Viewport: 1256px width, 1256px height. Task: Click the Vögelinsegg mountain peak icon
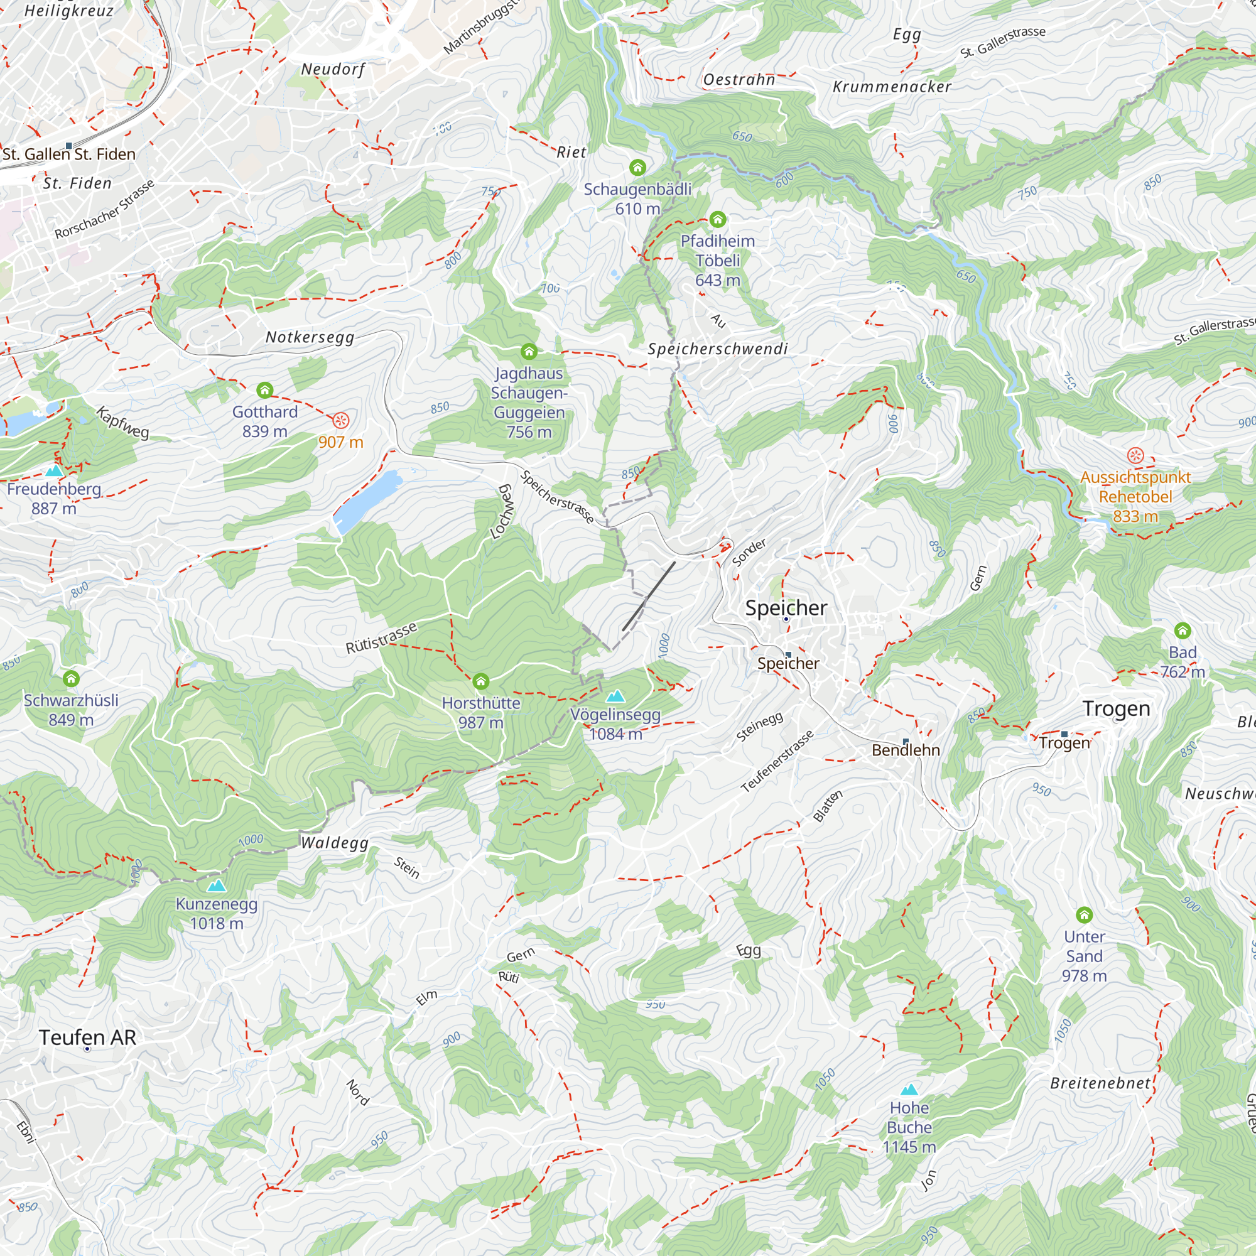[x=615, y=697]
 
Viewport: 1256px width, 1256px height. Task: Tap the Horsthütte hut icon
[x=480, y=681]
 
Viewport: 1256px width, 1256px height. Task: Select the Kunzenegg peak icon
[x=217, y=886]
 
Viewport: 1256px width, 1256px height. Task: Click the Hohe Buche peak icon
[x=909, y=1090]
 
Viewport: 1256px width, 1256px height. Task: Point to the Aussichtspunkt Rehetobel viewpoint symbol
[x=1135, y=456]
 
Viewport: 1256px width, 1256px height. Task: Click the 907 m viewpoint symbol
[x=340, y=421]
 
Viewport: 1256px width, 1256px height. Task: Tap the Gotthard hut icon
[x=264, y=390]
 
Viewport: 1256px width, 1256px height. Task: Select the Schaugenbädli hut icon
[x=637, y=168]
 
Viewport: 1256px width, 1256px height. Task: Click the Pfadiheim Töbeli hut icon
[x=717, y=219]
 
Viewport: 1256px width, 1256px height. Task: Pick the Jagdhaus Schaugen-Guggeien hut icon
[x=529, y=352]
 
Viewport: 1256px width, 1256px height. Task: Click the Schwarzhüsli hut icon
[x=71, y=679]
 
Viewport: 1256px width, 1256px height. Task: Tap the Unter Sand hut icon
[x=1084, y=916]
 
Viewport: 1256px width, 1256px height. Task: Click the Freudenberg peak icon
[x=54, y=470]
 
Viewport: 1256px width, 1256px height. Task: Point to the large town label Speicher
[x=786, y=608]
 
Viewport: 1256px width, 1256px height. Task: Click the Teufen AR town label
[x=88, y=1037]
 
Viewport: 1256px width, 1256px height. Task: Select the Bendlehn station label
[x=906, y=750]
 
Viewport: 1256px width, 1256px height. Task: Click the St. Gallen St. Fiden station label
[x=69, y=154]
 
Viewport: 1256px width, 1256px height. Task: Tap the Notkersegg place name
[x=310, y=337]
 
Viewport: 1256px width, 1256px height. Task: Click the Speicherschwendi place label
[x=718, y=349]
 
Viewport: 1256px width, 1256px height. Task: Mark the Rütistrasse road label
[x=381, y=638]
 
